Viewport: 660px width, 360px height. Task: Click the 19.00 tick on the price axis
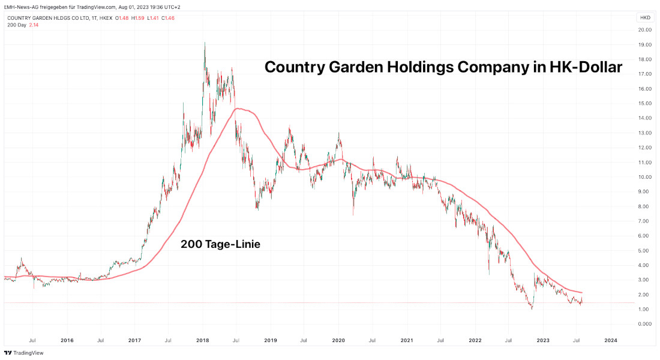pos(645,44)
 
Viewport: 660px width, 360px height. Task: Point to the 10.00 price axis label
pos(645,177)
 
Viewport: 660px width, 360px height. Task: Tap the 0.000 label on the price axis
pos(645,324)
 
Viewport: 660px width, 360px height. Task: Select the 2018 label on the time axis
pos(202,340)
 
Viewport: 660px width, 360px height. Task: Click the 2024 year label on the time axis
pos(610,340)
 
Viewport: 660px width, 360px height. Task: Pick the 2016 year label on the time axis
pos(67,340)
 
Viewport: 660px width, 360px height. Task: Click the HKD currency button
pos(645,17)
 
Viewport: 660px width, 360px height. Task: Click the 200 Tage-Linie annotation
pos(220,244)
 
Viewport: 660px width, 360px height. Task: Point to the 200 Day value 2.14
pos(34,25)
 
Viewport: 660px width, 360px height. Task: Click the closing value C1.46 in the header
pos(169,18)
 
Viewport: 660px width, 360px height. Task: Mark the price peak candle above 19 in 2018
pos(205,43)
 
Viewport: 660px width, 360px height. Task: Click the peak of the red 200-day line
pos(239,109)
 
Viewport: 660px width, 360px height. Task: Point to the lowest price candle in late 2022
pos(531,307)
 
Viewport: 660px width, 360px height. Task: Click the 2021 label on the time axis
pos(407,340)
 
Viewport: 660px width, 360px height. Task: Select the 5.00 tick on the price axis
pos(645,250)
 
